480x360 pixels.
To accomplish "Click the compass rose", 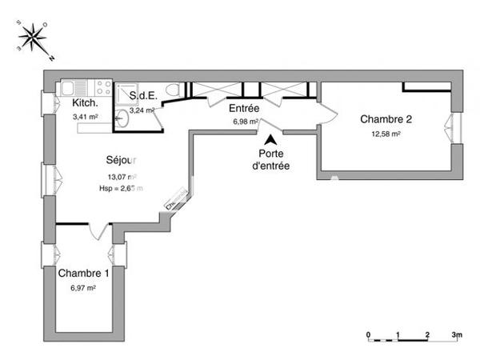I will pos(34,39).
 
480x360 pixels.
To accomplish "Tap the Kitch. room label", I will pos(86,104).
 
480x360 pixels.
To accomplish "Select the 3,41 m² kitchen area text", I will pos(85,117).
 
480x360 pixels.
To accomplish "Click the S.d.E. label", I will pos(144,96).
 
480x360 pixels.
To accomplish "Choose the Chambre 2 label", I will pos(386,119).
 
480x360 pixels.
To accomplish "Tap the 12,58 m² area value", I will pos(386,134).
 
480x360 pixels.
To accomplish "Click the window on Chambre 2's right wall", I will pos(456,128).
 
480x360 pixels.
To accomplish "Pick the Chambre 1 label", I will pos(84,273).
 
